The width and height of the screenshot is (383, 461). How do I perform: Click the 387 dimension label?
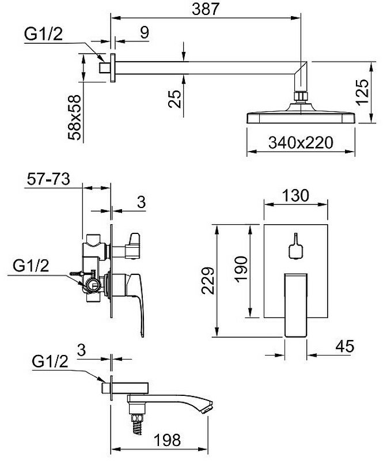pos(206,9)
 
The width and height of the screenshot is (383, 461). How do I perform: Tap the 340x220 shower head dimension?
pos(301,142)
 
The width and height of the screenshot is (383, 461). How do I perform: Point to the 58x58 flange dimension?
pos(74,117)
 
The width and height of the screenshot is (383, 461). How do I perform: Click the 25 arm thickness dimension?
pos(175,99)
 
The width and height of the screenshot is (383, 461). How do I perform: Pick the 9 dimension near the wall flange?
pos(145,32)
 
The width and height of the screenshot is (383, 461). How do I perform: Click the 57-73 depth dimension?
pos(48,179)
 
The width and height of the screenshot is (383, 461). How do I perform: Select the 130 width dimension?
pos(295,195)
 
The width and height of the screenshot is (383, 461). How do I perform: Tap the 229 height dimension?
pos(208,281)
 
